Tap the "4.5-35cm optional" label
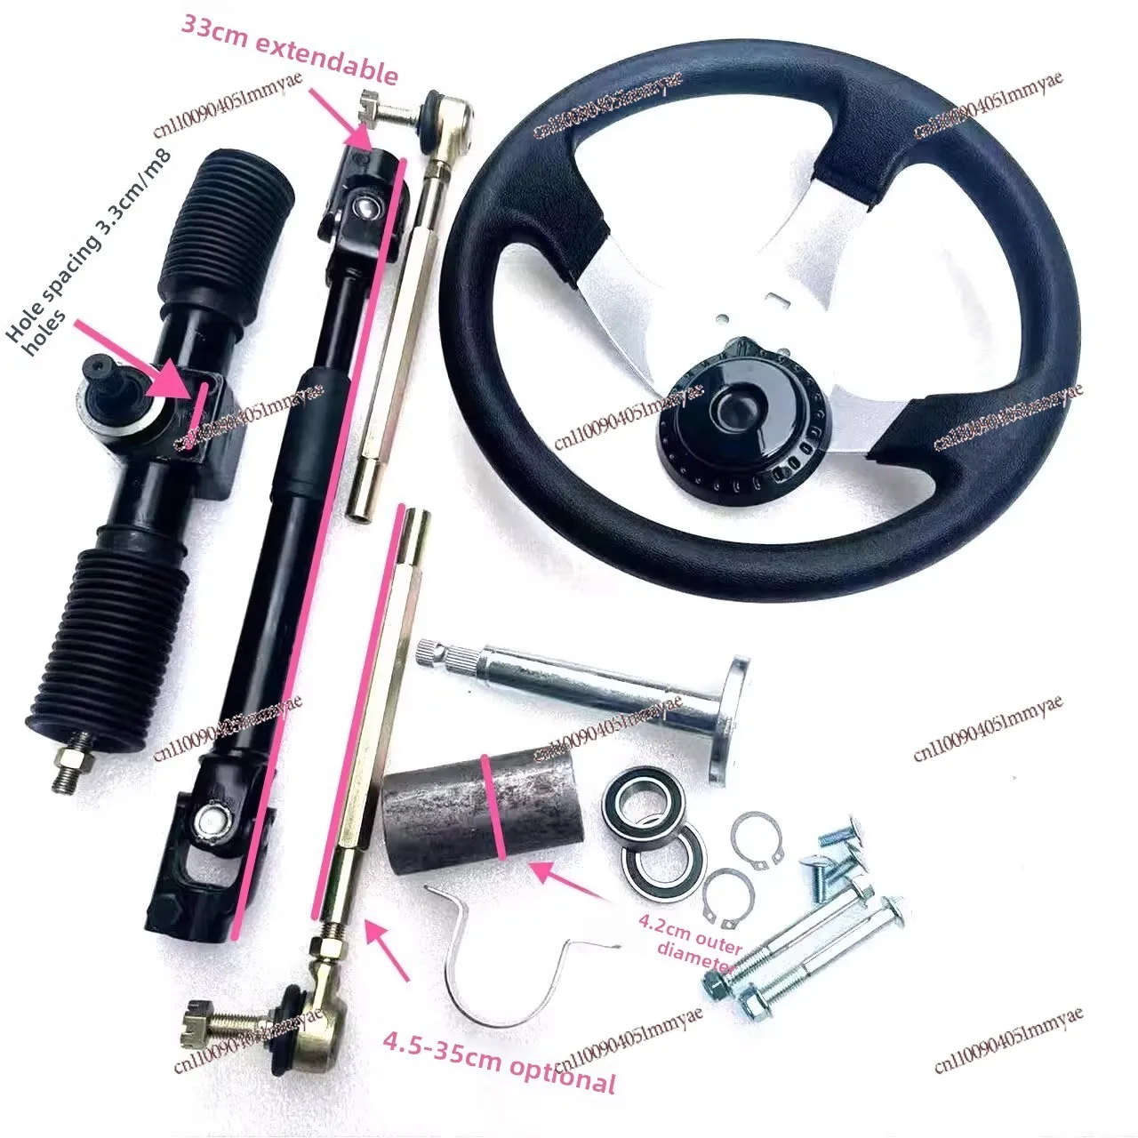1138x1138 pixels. click(x=499, y=1062)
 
